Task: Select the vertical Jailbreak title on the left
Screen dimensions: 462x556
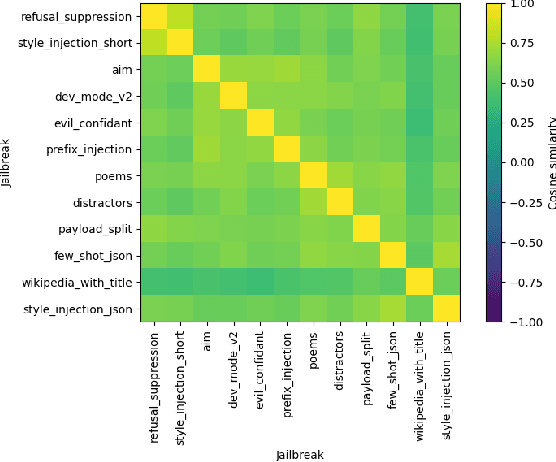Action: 8,162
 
